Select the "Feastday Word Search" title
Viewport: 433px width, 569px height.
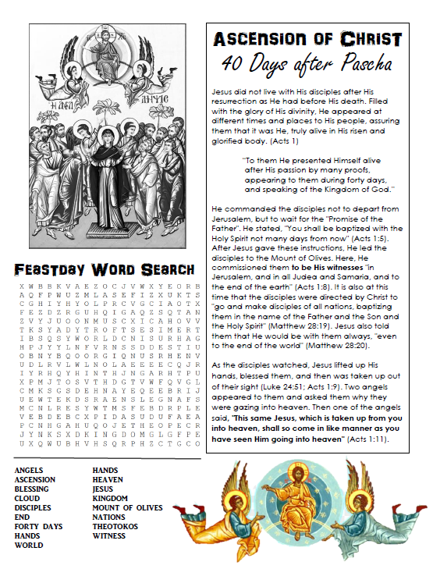click(x=104, y=269)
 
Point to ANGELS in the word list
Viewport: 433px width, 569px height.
click(x=30, y=471)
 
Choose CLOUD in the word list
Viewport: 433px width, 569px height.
click(x=27, y=499)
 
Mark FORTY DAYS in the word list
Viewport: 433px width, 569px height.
click(x=39, y=527)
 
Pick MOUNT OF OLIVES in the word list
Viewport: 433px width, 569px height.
click(x=128, y=508)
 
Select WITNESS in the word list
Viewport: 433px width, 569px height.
click(x=110, y=536)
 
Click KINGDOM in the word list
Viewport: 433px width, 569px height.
click(x=111, y=499)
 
